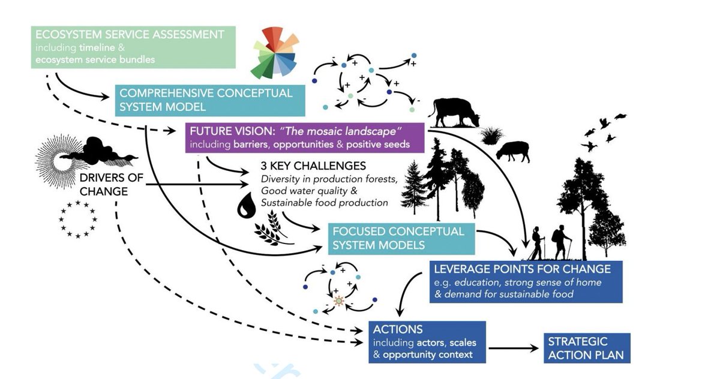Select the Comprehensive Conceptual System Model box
[x=210, y=100]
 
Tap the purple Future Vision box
[x=305, y=137]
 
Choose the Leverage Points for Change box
[x=526, y=281]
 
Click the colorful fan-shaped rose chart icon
[x=275, y=53]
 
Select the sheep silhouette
[x=514, y=151]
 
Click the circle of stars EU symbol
[x=78, y=219]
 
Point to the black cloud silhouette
[x=96, y=151]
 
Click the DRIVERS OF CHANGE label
[x=105, y=185]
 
